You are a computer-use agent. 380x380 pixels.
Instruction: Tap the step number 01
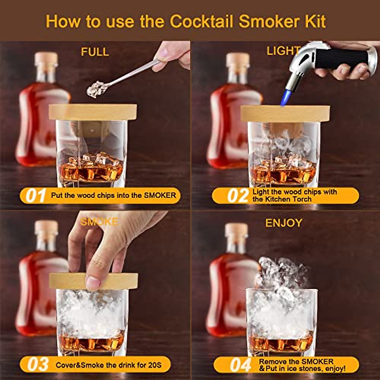click(x=35, y=196)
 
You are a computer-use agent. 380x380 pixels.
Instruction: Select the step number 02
click(x=237, y=196)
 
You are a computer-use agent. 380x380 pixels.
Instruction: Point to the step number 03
click(x=37, y=365)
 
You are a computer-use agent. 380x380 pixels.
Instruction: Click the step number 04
click(x=240, y=365)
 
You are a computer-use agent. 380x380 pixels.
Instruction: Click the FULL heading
click(x=95, y=52)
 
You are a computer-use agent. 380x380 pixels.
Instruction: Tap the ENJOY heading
click(x=283, y=223)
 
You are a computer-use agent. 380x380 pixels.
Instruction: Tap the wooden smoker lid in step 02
click(x=285, y=113)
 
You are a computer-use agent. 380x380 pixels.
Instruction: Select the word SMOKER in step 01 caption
click(x=160, y=195)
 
